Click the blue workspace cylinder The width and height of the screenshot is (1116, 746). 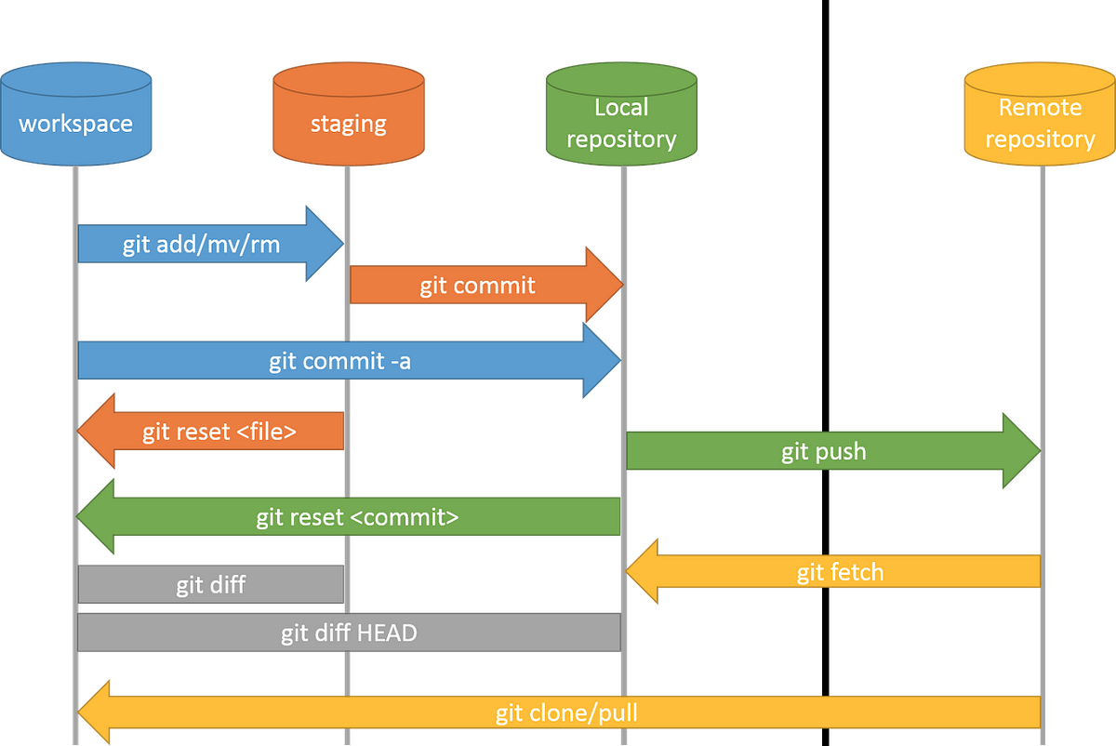click(76, 116)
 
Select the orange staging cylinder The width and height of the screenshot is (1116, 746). click(348, 116)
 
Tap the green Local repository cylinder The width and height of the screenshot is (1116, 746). click(620, 116)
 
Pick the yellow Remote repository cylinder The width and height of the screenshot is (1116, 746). click(1040, 116)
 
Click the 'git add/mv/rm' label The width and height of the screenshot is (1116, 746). click(201, 245)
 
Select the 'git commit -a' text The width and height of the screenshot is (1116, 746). click(339, 361)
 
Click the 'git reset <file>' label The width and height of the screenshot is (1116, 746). click(219, 432)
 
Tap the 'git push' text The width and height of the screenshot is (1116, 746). click(823, 451)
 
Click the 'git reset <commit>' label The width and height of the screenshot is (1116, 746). click(357, 516)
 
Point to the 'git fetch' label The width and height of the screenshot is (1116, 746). click(840, 571)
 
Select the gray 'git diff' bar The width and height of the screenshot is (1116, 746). click(211, 585)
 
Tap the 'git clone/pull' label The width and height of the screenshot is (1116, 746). click(565, 713)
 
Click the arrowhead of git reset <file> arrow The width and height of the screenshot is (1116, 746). click(97, 432)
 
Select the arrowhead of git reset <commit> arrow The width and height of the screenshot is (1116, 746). click(97, 516)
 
